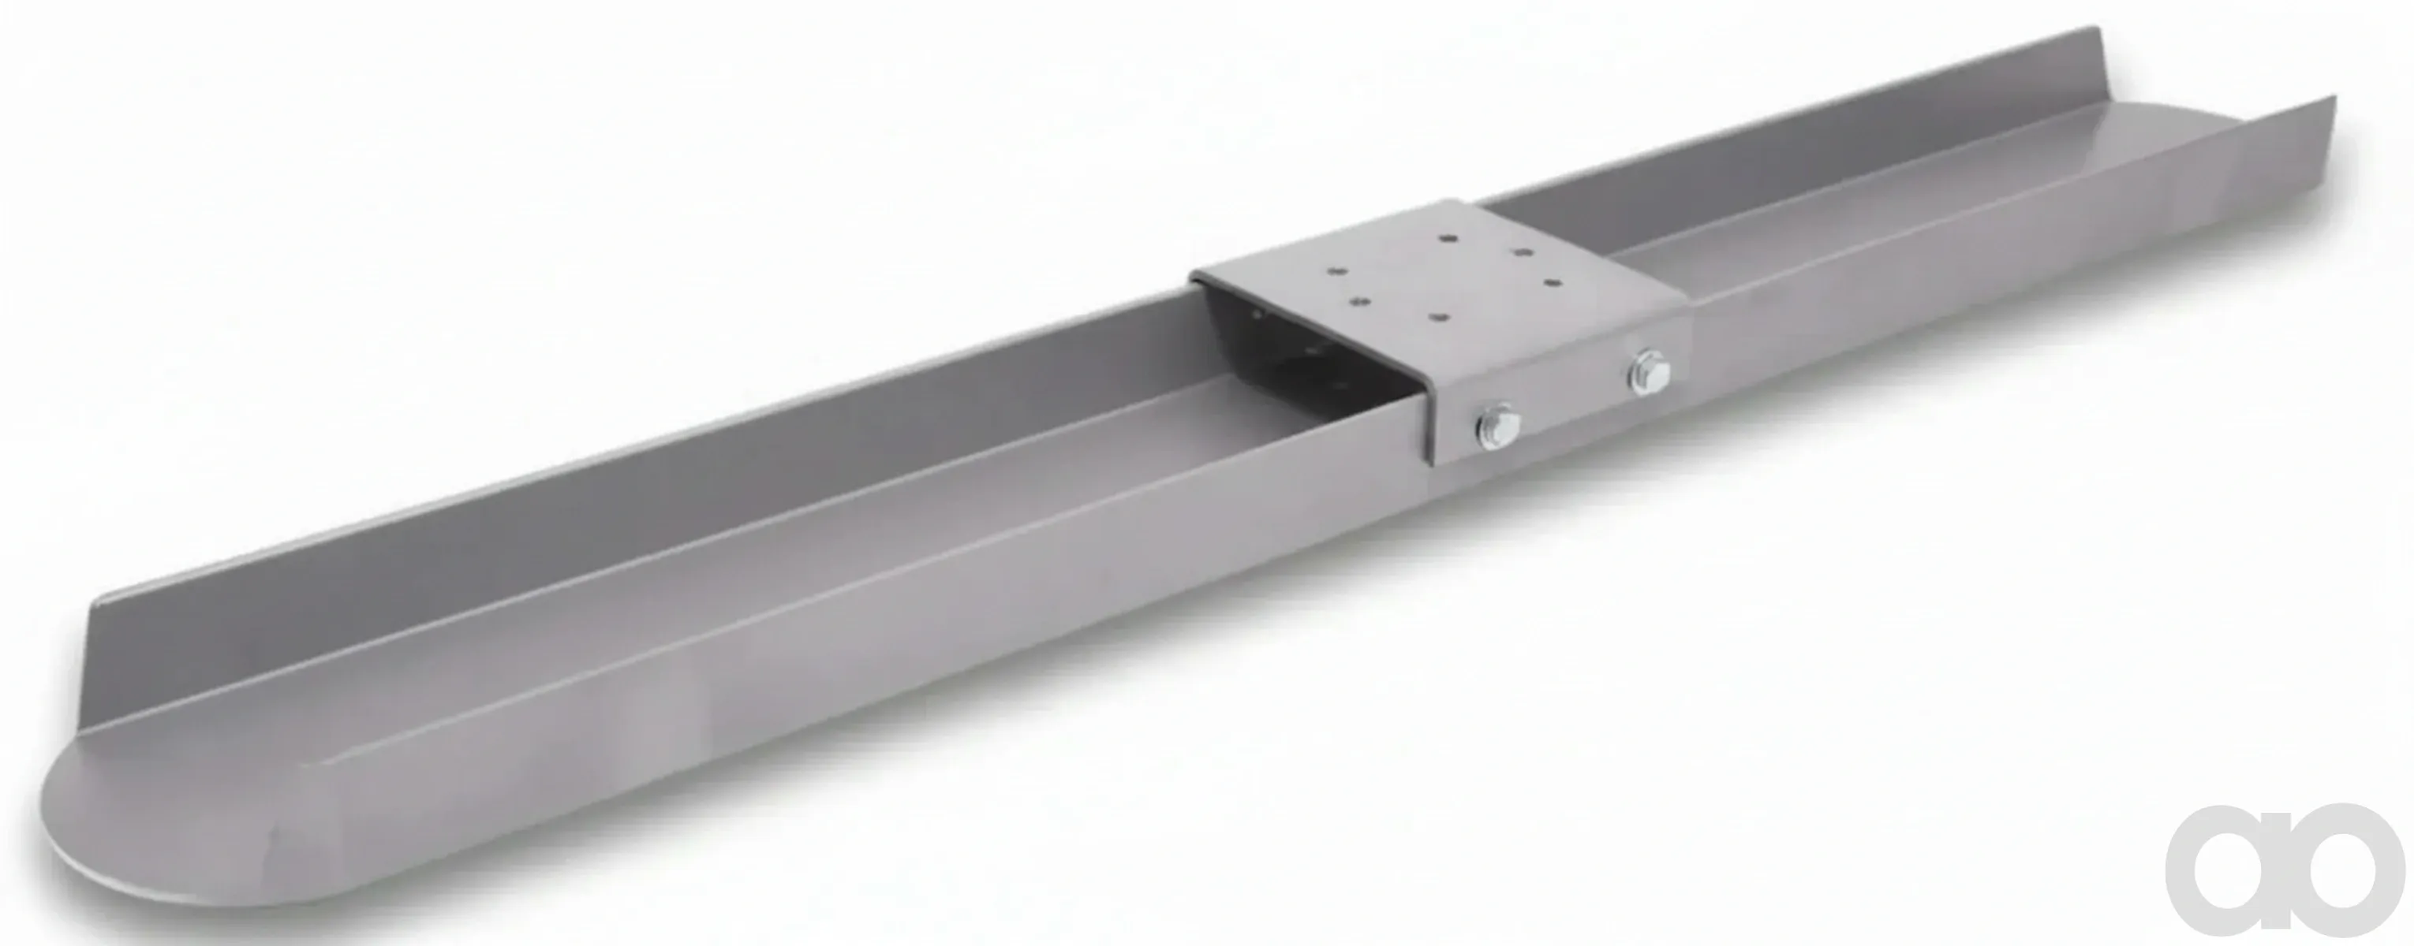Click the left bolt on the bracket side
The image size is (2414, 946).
[1497, 426]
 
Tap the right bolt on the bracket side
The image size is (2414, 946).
[1650, 373]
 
